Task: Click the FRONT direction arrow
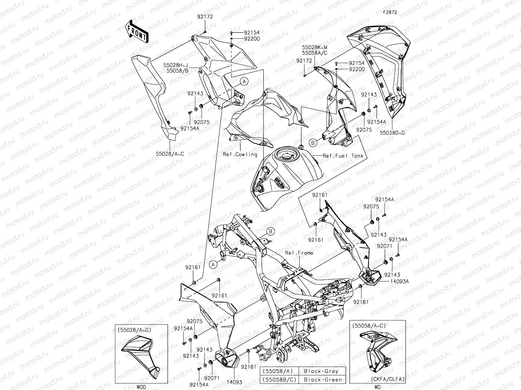136,32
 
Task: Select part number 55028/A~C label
170,153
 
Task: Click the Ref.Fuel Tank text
343,156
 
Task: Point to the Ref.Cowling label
240,154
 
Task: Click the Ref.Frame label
299,253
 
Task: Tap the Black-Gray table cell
321,371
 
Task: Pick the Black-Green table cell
321,379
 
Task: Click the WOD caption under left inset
141,387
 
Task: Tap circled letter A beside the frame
213,265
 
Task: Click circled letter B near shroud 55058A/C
312,142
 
